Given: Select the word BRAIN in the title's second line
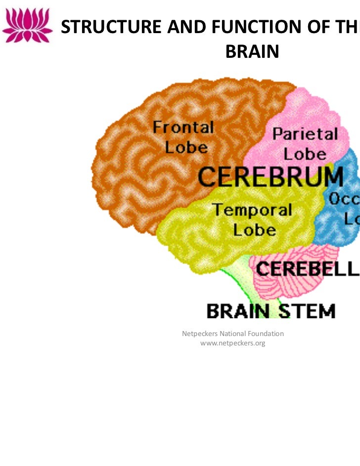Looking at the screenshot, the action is [252, 51].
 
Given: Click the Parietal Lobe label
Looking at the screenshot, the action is [305, 143].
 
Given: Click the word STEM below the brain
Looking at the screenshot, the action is [305, 311].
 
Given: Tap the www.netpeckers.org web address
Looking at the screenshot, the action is [232, 343].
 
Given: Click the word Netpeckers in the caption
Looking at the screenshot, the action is [200, 334].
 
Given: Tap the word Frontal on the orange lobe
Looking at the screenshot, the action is [183, 128].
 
